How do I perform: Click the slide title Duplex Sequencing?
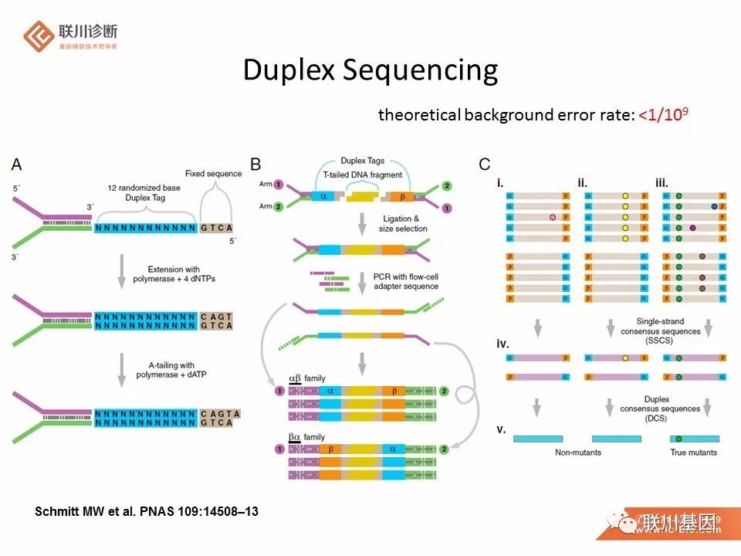370,70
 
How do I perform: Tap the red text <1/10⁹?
663,115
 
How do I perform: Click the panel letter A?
17,164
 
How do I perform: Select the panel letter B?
255,164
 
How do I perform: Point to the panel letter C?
485,164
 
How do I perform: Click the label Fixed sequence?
214,174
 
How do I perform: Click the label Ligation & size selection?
406,224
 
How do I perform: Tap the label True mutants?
693,452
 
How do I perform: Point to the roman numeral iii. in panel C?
661,182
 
